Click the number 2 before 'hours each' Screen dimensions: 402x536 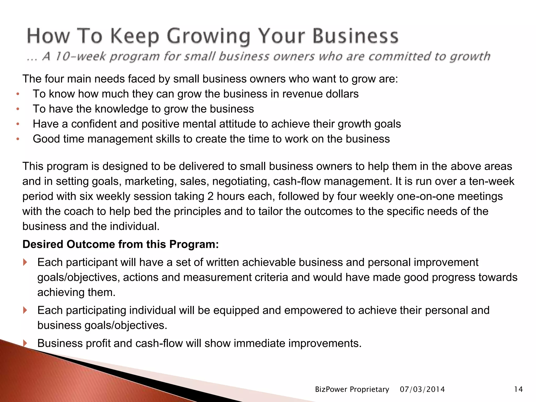click(x=210, y=196)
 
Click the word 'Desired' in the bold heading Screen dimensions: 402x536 click(x=43, y=244)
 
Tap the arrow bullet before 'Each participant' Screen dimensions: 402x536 click(x=25, y=262)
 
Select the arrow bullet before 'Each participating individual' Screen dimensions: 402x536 click(x=25, y=310)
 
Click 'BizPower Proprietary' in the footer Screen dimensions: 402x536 click(x=352, y=389)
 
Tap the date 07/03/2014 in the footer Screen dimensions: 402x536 click(x=422, y=389)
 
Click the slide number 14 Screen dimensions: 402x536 click(x=518, y=389)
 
